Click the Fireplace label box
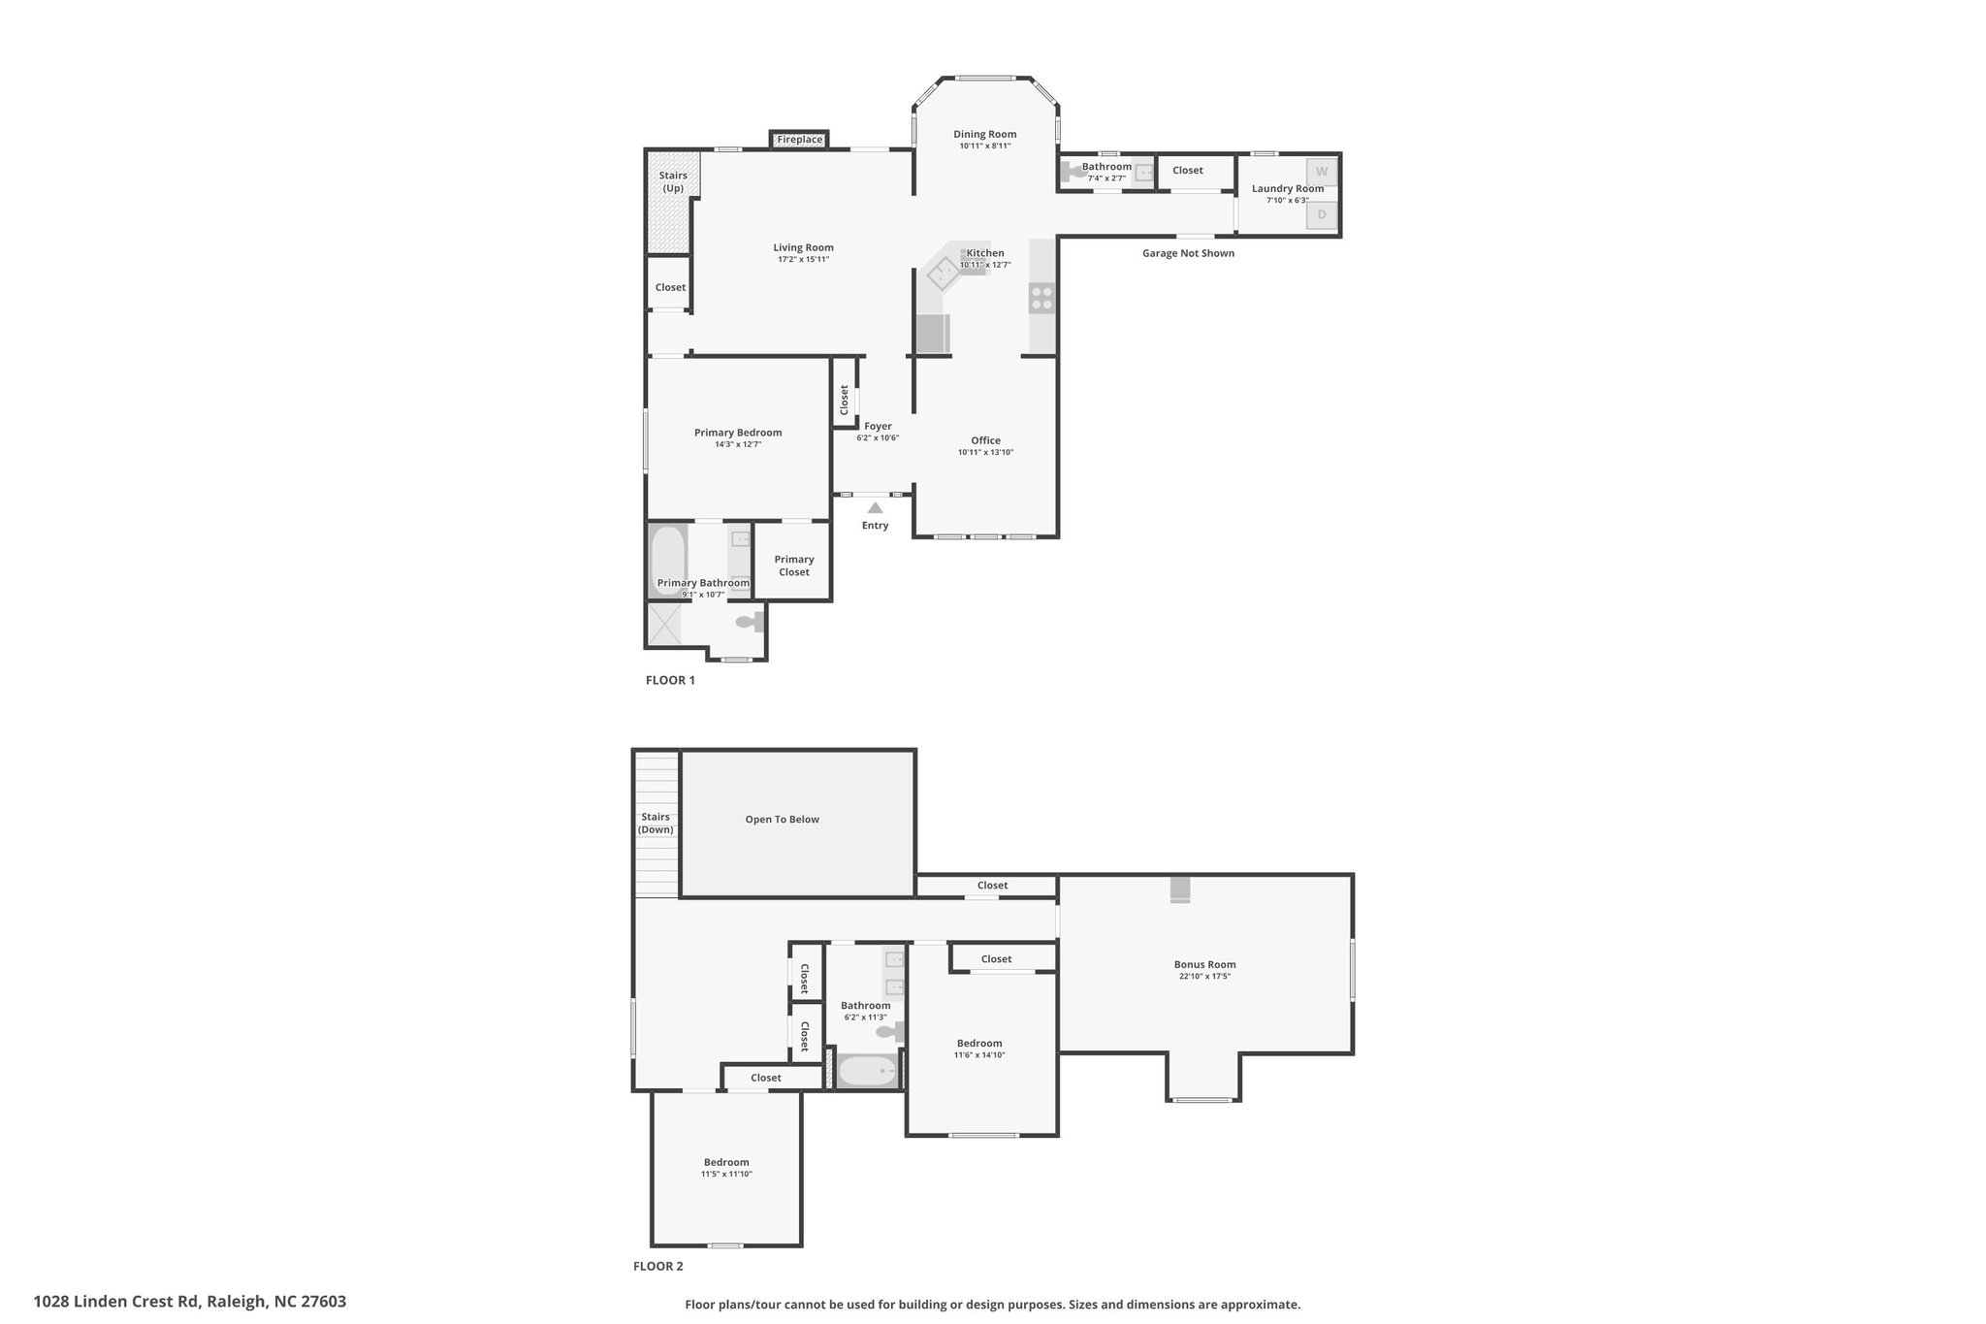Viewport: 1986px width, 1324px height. coord(799,140)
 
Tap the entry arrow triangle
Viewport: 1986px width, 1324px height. coord(875,507)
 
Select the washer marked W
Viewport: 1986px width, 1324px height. coord(1321,172)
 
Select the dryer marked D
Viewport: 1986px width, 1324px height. coord(1321,214)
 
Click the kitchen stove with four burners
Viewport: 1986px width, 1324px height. coord(1041,297)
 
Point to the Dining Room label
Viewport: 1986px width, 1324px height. coord(984,135)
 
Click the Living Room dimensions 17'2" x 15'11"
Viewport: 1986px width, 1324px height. coord(803,259)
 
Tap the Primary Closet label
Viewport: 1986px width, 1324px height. coord(794,565)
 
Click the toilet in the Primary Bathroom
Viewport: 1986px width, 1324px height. coord(750,623)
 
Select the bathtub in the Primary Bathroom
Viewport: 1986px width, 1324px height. coord(667,561)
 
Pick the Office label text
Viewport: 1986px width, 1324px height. coord(985,440)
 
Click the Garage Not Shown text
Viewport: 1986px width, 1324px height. coord(1188,253)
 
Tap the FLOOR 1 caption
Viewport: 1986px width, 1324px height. coord(670,680)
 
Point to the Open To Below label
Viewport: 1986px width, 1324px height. coord(782,820)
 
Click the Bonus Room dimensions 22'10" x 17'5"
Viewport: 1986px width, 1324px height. coord(1204,976)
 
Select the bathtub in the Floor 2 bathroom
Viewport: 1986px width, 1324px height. coord(867,1071)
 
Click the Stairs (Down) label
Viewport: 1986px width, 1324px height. coord(656,823)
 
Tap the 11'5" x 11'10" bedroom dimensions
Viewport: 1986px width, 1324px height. coord(726,1174)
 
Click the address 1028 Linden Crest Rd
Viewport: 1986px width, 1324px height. coord(117,1302)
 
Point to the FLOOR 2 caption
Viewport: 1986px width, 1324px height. coord(658,1266)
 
